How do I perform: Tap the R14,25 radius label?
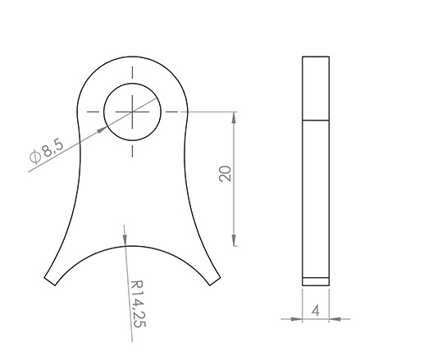(x=138, y=303)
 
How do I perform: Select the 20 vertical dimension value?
(x=225, y=174)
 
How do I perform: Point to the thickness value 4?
(x=316, y=311)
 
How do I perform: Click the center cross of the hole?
(x=132, y=112)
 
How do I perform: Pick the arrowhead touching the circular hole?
(x=103, y=130)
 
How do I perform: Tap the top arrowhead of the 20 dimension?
(x=234, y=118)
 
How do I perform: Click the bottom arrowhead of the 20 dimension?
(x=234, y=239)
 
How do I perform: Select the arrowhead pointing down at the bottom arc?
(x=125, y=239)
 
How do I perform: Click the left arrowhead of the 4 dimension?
(x=297, y=319)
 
